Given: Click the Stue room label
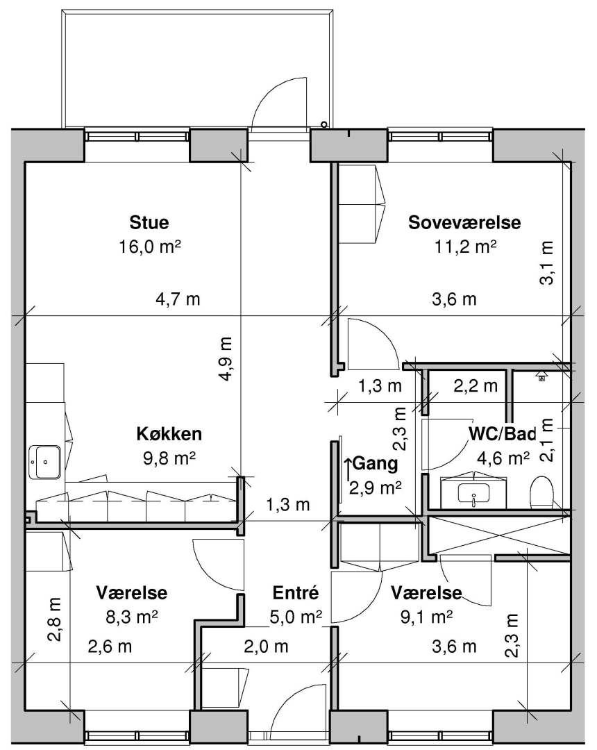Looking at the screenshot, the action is click(x=149, y=222).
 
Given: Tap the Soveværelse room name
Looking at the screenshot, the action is click(x=464, y=222).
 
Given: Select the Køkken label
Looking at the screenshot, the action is click(x=169, y=434).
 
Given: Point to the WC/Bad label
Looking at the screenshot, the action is click(x=502, y=434).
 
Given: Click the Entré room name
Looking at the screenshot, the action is click(x=296, y=592).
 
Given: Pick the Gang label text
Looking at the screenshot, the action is click(x=376, y=463).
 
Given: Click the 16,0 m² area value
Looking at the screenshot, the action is click(x=150, y=247).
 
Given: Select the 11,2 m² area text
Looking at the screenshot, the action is click(x=465, y=247).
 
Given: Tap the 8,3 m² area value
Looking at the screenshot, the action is click(x=132, y=617).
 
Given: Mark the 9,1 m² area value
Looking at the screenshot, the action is click(x=426, y=617).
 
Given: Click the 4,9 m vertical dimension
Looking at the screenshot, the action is click(x=226, y=359).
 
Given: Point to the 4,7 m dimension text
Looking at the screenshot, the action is click(x=178, y=299).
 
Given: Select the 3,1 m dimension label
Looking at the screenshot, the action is click(x=546, y=262).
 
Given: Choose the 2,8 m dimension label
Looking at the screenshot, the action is click(x=54, y=619).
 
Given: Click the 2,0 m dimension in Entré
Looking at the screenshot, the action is click(x=266, y=647).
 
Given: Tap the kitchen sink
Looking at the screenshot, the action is click(x=45, y=462).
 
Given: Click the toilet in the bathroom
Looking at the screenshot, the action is click(x=541, y=492).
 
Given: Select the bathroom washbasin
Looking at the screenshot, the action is click(x=473, y=492).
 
